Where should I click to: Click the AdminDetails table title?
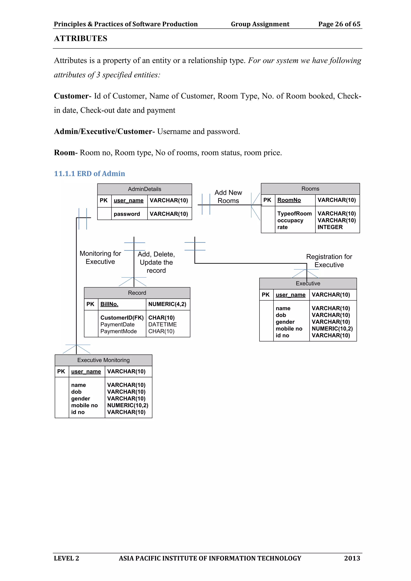[x=144, y=189]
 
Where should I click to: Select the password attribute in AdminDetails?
[x=127, y=214]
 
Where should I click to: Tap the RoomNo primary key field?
[x=289, y=200]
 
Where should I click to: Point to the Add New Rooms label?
[x=228, y=197]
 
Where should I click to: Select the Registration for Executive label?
[x=329, y=261]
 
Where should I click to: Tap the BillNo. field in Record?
[x=109, y=304]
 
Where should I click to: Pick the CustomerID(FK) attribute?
[x=122, y=318]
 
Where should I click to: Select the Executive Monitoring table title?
[x=103, y=360]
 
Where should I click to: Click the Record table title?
[x=137, y=293]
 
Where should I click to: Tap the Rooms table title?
[x=310, y=189]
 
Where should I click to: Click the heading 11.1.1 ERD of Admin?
[x=89, y=174]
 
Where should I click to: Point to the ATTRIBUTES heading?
[x=80, y=39]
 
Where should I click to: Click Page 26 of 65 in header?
[x=339, y=24]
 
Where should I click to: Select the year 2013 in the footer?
[x=352, y=558]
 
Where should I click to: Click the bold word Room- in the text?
[x=66, y=153]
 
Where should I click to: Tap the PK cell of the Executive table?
[x=266, y=295]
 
